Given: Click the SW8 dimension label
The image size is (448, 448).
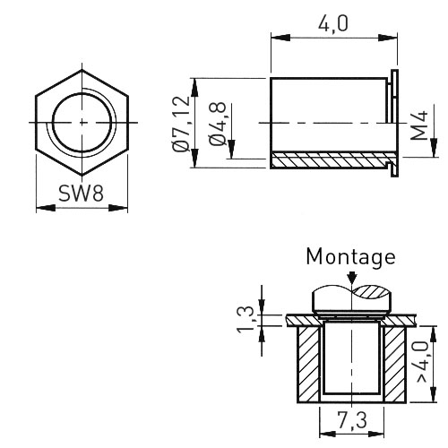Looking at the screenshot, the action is click(81, 194).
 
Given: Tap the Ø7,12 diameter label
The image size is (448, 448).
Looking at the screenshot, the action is click(181, 124).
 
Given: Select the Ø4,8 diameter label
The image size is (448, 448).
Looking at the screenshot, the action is click(217, 124).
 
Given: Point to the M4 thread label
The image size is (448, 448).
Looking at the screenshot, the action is click(419, 125).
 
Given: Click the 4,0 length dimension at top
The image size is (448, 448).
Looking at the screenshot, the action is click(333, 24).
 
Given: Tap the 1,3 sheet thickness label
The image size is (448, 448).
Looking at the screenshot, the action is click(246, 320).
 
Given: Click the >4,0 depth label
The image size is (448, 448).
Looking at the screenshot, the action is click(424, 362).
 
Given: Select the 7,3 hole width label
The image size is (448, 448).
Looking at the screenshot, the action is click(352, 420).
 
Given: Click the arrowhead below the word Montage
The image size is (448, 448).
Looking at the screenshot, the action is click(352, 278).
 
